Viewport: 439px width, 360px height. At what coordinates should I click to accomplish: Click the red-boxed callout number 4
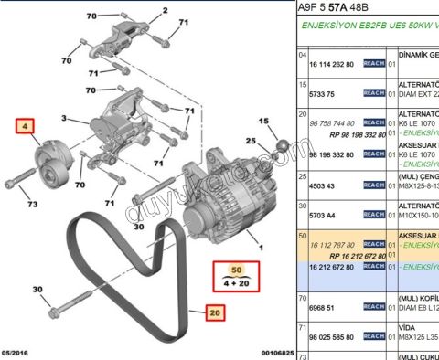(26, 127)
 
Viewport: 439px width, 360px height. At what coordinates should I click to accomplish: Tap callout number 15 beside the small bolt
(263, 121)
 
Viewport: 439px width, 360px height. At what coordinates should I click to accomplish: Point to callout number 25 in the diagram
(251, 140)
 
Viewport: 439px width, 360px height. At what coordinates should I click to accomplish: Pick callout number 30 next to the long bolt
(38, 291)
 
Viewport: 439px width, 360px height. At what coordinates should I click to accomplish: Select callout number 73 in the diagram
(32, 204)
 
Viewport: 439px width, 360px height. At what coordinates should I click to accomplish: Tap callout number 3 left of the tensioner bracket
(65, 118)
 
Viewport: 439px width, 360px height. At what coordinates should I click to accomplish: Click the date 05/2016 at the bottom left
(19, 352)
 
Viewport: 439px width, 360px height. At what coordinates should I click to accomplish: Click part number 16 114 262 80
(333, 66)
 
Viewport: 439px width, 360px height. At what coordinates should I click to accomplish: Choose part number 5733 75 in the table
(324, 93)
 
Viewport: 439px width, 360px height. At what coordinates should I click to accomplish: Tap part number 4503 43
(324, 186)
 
